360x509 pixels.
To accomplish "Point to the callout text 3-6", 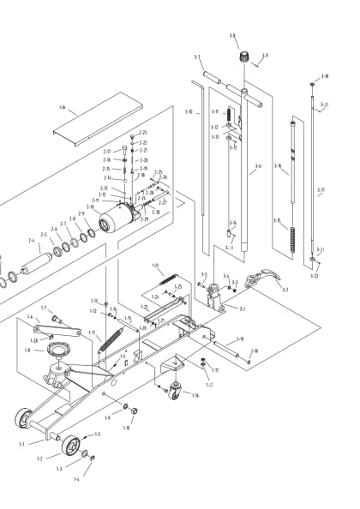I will pos(258,167).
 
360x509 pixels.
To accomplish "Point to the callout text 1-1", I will pos(22,444).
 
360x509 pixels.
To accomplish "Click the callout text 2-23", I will pos(143,133).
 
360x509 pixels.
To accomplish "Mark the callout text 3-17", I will pos(321,190).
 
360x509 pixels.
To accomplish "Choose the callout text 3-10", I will pos(189,111).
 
